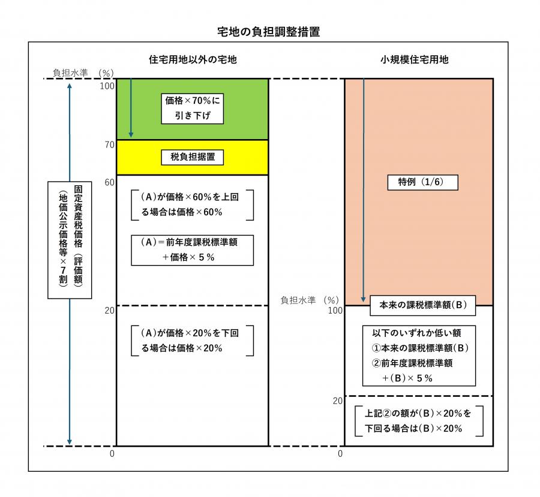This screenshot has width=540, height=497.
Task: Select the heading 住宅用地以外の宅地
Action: (x=193, y=60)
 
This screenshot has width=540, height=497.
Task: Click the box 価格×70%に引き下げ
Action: (x=193, y=107)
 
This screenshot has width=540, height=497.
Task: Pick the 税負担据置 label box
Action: (x=193, y=157)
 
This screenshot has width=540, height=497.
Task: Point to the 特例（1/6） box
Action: (x=419, y=182)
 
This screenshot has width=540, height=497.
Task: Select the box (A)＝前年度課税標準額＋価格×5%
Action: (x=192, y=249)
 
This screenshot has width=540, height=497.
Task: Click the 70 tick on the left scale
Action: (x=109, y=144)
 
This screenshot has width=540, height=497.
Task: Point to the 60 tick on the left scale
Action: (x=109, y=182)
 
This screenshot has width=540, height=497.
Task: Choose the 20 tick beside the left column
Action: (x=109, y=311)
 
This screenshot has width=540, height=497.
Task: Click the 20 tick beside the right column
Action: (x=337, y=400)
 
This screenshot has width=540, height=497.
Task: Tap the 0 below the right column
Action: (x=340, y=454)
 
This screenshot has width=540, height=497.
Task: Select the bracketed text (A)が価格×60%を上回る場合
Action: (x=192, y=204)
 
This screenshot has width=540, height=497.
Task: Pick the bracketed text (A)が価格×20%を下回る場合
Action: (x=192, y=341)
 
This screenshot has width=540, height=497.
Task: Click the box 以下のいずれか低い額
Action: (x=419, y=355)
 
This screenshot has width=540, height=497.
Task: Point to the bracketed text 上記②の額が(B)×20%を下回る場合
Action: (x=419, y=421)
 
